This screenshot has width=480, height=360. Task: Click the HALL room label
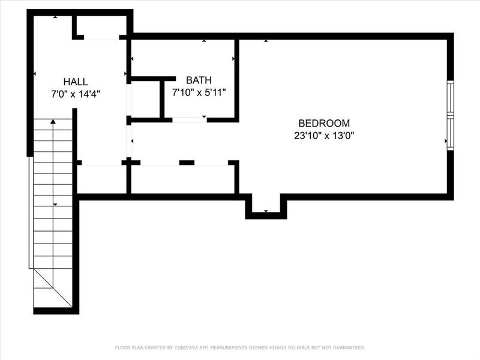tap(76, 82)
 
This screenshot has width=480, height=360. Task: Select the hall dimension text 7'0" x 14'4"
tap(76, 94)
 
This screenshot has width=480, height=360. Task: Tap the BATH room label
tap(198, 80)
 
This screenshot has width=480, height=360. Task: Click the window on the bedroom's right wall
tap(449, 114)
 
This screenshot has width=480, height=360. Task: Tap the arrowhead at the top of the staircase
tap(53, 122)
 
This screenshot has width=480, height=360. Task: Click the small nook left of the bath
tap(145, 100)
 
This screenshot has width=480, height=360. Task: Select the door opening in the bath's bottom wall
tap(190, 119)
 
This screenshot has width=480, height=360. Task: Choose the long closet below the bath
tap(182, 178)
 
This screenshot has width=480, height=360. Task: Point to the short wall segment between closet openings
tap(187, 163)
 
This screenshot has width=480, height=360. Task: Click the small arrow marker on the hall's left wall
tap(35, 74)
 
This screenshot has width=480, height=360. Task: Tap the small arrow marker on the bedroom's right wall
tap(445, 141)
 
